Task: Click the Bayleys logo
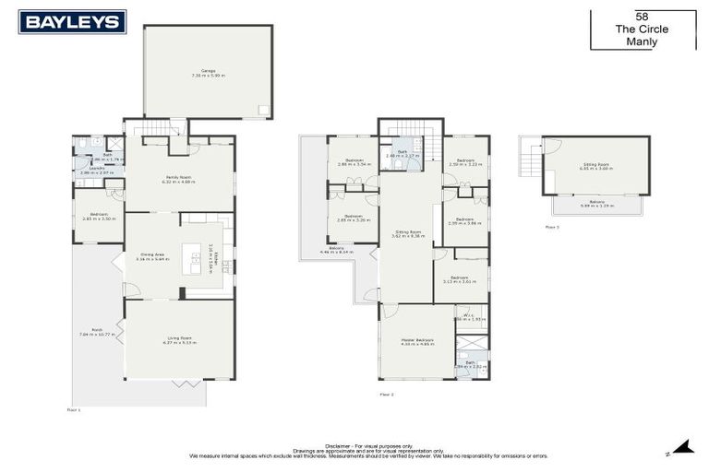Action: click(72, 22)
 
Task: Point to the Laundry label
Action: click(96, 169)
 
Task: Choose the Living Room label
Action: click(180, 338)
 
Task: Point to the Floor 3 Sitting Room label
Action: click(595, 166)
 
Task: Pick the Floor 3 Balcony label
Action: click(595, 202)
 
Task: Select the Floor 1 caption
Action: click(74, 409)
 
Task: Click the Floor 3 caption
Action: click(552, 226)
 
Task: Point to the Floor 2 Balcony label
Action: click(336, 249)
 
